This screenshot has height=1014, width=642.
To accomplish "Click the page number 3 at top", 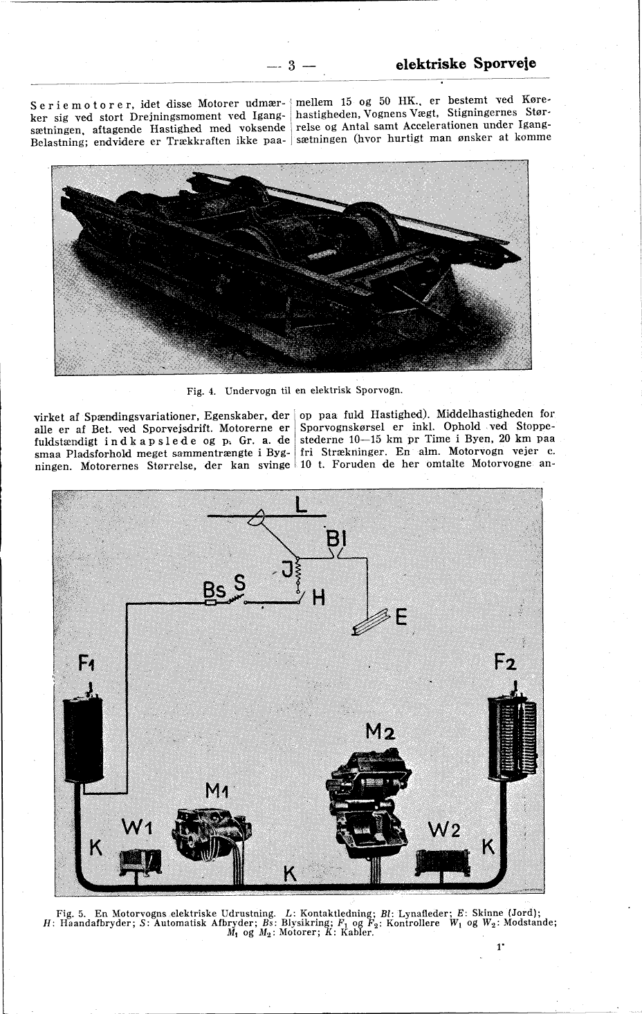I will click(x=291, y=66).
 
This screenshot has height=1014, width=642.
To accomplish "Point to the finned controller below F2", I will click(x=512, y=738).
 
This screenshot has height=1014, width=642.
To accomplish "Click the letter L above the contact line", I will click(x=300, y=505).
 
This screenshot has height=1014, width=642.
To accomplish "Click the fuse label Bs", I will click(x=214, y=591).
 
